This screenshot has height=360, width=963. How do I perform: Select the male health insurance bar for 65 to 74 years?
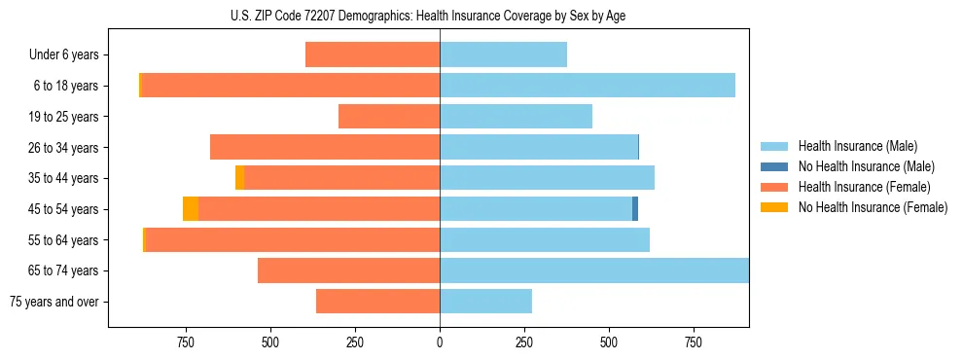[593, 270]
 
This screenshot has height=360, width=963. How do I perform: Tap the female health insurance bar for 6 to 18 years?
[291, 85]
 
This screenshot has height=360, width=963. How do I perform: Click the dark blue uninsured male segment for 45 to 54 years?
[635, 208]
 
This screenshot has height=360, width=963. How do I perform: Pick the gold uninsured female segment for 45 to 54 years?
[191, 208]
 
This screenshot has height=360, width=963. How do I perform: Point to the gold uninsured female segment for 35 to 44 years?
[239, 178]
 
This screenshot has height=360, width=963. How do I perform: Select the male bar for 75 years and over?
[485, 302]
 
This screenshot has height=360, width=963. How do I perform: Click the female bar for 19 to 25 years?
[389, 116]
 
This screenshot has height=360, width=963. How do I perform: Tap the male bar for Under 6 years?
[503, 54]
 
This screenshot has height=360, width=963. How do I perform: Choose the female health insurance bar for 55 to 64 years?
[292, 239]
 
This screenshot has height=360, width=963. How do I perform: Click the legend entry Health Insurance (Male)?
[857, 146]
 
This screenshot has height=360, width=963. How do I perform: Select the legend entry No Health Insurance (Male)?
[866, 166]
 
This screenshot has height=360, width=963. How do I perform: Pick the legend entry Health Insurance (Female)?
[864, 187]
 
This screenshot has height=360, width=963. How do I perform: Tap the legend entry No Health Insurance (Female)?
[873, 207]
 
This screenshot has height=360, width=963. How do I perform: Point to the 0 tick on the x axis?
[440, 342]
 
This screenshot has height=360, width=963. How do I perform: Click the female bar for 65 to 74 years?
[348, 270]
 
